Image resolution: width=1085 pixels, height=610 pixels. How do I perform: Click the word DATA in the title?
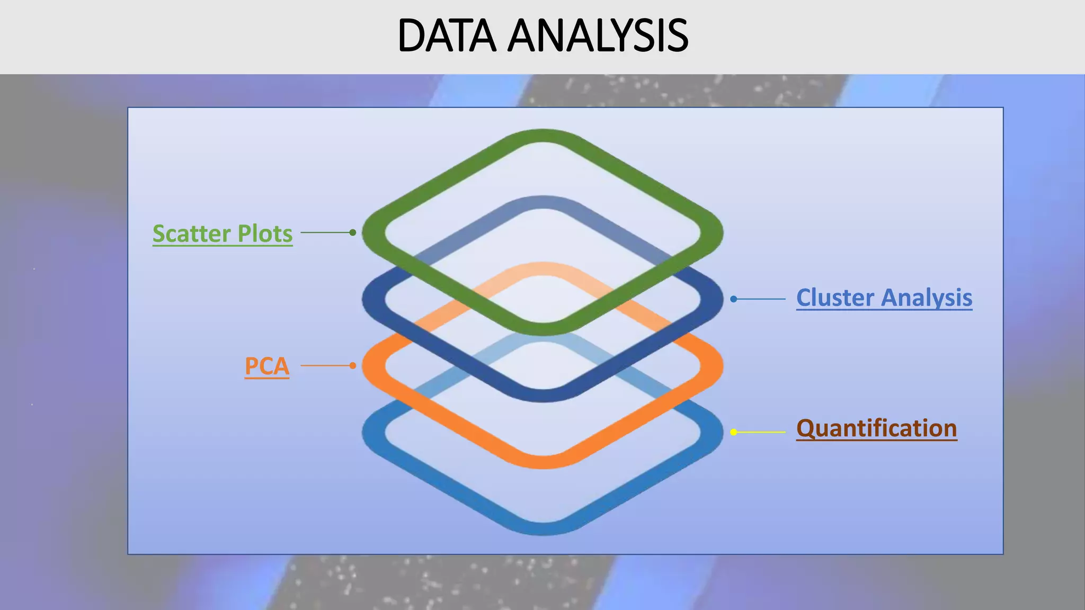[x=447, y=36]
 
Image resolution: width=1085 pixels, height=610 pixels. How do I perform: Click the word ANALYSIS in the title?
[x=598, y=36]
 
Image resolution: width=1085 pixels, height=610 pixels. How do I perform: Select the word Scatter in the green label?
[x=192, y=234]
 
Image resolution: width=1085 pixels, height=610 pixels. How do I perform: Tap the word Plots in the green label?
[x=265, y=234]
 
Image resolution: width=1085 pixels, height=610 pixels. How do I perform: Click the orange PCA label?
[x=267, y=366]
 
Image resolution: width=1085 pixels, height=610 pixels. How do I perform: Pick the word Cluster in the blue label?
[x=835, y=298]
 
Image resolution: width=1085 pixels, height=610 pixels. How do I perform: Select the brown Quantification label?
[x=876, y=428]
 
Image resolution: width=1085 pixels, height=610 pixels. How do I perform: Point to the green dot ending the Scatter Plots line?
[x=353, y=232]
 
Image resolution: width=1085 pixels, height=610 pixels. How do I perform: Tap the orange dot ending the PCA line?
[x=353, y=365]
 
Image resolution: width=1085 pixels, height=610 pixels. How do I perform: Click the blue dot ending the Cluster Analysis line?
[x=734, y=299]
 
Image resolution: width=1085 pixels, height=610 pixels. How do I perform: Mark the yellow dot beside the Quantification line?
[x=734, y=432]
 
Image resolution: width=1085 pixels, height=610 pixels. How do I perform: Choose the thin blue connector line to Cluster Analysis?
[x=761, y=299]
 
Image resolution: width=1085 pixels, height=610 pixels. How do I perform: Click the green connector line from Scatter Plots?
[x=326, y=232]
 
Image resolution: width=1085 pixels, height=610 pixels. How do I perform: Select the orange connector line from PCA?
[x=326, y=365]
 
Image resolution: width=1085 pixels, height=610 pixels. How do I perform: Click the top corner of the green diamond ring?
[x=542, y=136]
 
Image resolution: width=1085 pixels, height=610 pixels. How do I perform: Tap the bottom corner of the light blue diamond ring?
[x=542, y=528]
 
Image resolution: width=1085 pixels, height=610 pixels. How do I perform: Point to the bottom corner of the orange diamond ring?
[x=542, y=462]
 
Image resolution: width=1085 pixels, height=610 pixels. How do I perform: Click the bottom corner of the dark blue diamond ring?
[x=542, y=395]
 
